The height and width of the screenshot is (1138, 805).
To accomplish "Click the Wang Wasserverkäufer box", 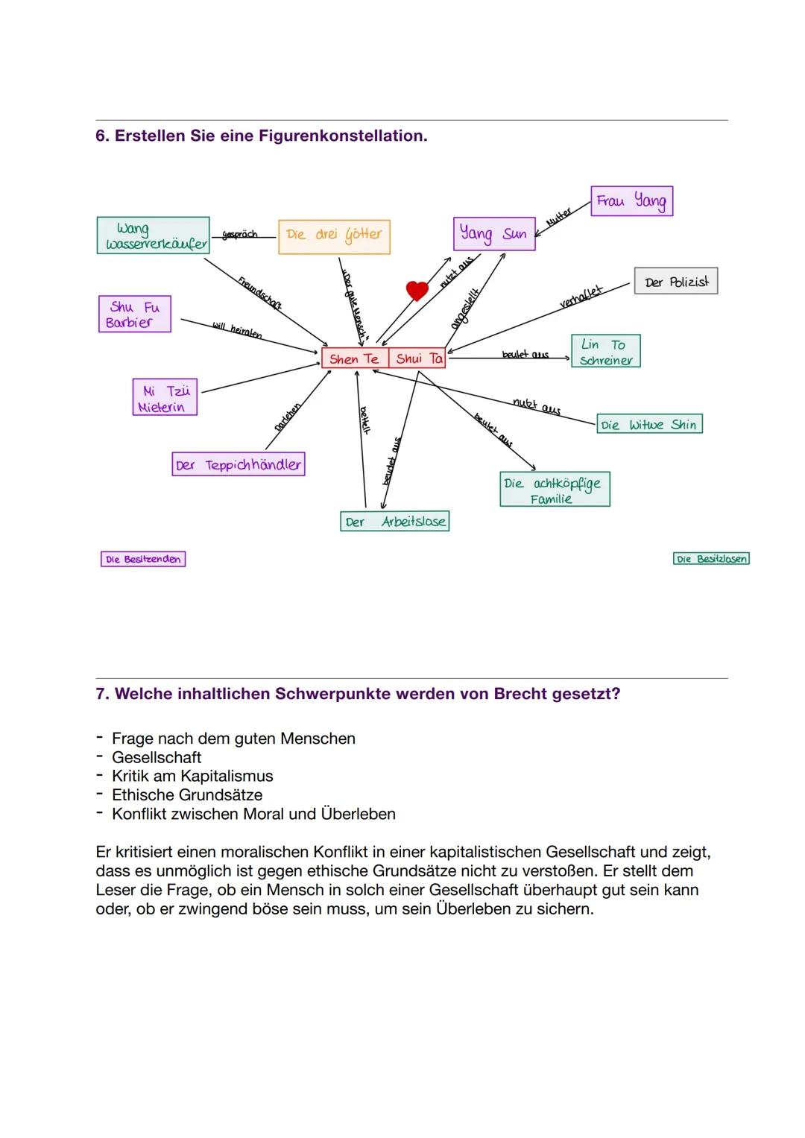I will point(153,235).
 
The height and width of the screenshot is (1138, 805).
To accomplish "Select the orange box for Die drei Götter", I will point(334,236).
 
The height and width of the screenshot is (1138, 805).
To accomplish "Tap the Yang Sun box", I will point(493,233).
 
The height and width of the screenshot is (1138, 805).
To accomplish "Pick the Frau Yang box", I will point(631,201).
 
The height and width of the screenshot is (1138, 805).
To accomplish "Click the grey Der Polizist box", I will point(676,282).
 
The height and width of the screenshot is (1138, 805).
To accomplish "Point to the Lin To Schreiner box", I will point(605,351).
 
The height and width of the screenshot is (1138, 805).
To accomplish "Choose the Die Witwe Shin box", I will point(648,425).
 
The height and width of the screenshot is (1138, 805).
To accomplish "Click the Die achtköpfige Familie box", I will point(555,490).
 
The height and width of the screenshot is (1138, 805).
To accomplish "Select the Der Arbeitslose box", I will point(394,522).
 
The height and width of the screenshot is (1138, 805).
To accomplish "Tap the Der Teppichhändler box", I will point(239,464).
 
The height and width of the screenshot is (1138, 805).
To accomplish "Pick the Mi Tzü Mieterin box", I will point(165,398).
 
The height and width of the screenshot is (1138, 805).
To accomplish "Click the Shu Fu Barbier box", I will point(134,314).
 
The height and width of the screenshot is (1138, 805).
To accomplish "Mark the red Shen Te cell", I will point(354,358).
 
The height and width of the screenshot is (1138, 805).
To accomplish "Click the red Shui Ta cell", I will point(417,358).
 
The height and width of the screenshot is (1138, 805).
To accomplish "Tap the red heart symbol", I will point(417,290).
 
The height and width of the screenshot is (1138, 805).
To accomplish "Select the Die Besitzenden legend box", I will point(143,559).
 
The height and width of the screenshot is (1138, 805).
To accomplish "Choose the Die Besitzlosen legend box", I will point(710,559).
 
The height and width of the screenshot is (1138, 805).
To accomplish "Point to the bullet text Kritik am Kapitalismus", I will point(192,776).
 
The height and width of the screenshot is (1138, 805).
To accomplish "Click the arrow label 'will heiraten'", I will point(236,330).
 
